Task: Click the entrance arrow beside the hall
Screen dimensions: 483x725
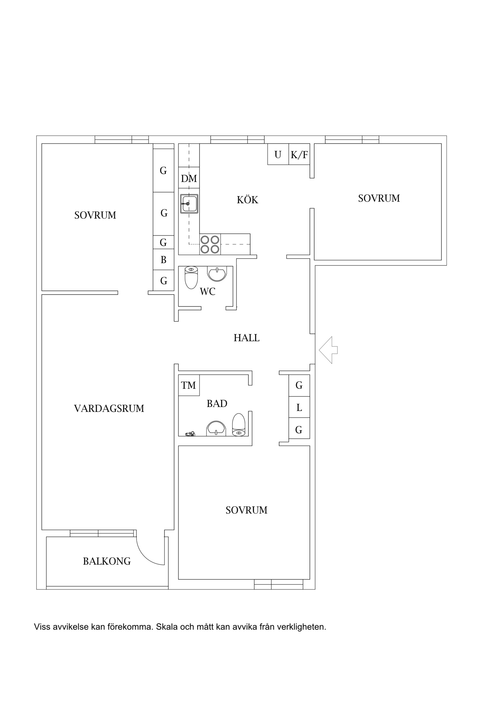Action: (x=328, y=350)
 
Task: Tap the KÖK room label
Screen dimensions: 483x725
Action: (x=248, y=200)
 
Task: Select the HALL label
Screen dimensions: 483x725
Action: (x=247, y=338)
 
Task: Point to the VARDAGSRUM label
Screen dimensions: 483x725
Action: (x=109, y=409)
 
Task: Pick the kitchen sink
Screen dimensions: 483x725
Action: (x=189, y=203)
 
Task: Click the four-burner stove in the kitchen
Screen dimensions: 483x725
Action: (x=210, y=244)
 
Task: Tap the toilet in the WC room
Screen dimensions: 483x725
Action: (x=191, y=277)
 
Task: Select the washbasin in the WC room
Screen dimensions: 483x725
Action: (x=217, y=274)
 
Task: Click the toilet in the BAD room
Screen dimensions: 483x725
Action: (x=239, y=424)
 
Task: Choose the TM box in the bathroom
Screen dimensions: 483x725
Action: (x=189, y=385)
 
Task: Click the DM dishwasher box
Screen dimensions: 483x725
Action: (x=189, y=178)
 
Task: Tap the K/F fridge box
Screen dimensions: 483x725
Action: (x=299, y=154)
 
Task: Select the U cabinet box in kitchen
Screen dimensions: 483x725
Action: (x=278, y=154)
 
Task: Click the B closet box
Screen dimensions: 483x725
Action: (x=164, y=259)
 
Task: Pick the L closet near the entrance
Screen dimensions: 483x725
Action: (x=299, y=407)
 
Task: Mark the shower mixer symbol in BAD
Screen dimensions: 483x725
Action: (x=190, y=434)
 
